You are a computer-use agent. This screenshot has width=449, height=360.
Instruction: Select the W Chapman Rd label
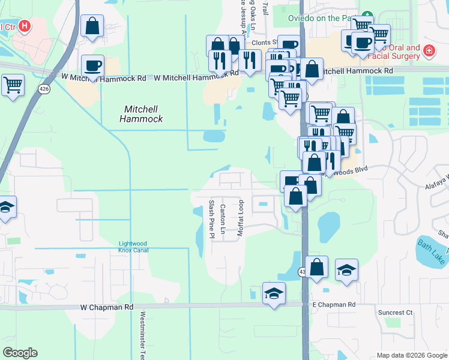[106, 307]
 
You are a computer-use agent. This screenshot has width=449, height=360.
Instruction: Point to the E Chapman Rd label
[334, 305]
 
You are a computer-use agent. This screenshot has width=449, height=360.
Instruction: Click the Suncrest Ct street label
[396, 313]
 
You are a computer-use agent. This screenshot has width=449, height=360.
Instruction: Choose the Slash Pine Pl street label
[212, 219]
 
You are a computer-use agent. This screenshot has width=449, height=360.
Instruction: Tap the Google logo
[20, 353]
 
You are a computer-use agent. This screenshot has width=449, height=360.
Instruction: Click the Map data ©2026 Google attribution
[411, 355]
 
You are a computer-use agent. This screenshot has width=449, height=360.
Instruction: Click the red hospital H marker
[25, 26]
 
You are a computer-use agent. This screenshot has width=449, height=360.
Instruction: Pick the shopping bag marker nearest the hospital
[92, 26]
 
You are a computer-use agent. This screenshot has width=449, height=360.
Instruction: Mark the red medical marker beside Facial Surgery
[429, 50]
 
